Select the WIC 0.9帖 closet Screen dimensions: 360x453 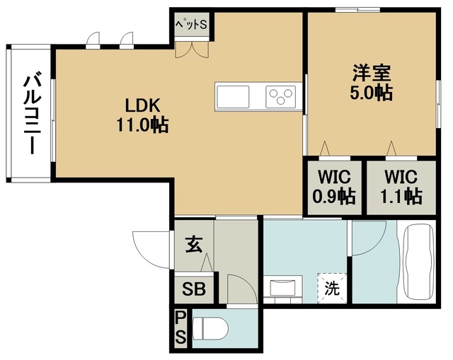tap(335, 186)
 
